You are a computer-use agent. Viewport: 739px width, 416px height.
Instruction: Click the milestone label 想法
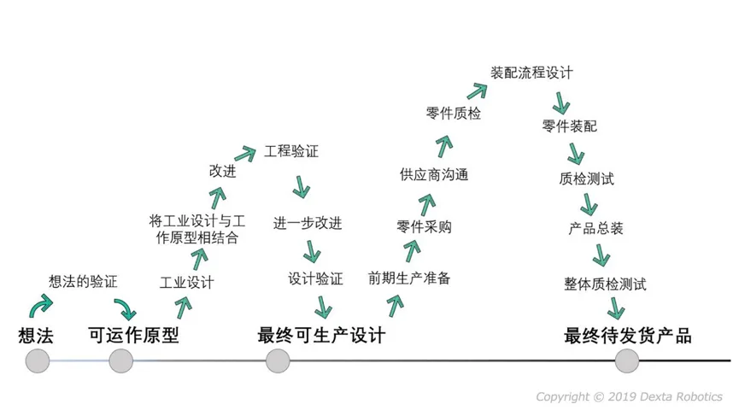36,336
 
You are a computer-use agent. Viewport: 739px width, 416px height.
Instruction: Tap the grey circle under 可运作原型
120,360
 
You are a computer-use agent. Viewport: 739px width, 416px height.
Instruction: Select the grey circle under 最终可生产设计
278,360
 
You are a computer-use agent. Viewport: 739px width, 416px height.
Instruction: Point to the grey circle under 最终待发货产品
627,360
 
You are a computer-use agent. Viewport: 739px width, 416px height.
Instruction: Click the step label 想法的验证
83,282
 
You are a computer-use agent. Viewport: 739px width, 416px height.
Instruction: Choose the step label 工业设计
186,283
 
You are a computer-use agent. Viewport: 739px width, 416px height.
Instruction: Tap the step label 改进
222,171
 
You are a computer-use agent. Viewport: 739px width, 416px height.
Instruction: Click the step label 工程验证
291,151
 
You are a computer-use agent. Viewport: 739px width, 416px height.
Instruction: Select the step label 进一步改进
308,223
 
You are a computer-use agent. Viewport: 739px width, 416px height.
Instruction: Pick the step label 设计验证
315,278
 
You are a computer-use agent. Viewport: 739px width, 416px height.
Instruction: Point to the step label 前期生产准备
409,278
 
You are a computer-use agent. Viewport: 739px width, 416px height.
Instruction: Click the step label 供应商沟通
434,175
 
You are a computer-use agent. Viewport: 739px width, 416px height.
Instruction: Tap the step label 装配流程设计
531,73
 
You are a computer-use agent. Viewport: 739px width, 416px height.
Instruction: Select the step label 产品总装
595,228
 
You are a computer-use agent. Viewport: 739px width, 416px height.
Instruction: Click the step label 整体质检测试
605,284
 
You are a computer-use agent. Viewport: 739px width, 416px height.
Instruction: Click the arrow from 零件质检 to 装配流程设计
477,91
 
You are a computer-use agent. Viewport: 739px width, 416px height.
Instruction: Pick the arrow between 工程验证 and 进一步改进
301,187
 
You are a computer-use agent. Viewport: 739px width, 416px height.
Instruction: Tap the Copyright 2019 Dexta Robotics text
629,396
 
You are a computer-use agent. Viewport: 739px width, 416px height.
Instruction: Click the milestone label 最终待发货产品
628,336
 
